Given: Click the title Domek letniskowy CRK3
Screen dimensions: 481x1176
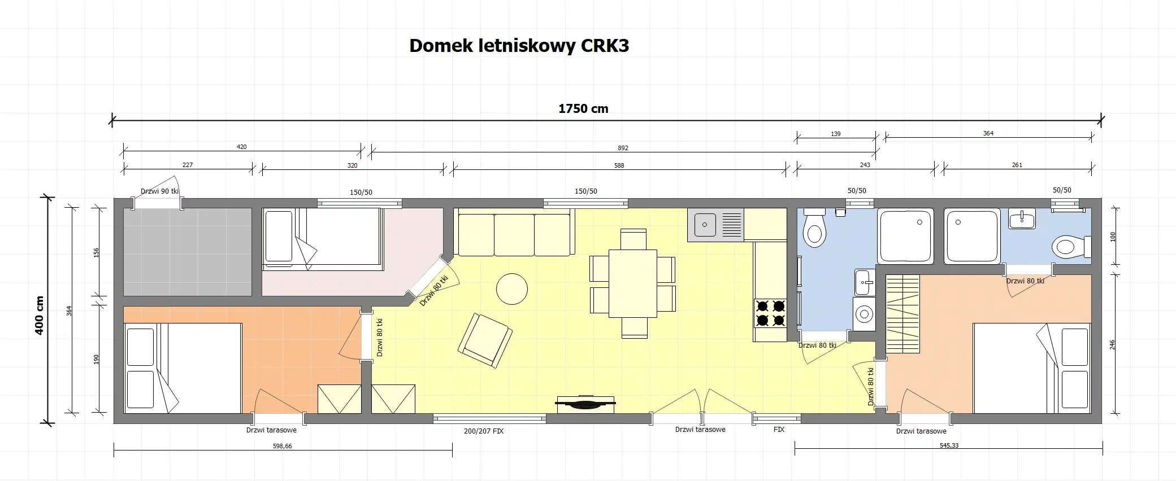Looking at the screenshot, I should click(519, 46).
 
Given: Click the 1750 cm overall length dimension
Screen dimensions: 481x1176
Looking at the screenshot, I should click(583, 109).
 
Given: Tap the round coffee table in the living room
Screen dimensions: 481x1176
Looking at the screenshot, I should click(511, 288).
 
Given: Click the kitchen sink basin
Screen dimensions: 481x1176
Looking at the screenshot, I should click(705, 225).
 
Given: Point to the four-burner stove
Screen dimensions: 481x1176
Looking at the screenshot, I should click(770, 313).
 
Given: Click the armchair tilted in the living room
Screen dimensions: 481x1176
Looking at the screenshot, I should click(485, 341).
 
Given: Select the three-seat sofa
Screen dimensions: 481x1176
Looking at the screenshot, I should click(514, 233).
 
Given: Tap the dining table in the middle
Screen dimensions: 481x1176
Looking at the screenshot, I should click(632, 283).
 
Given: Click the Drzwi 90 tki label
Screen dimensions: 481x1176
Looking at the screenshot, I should click(159, 191).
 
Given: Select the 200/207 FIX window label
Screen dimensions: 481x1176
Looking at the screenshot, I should click(483, 431).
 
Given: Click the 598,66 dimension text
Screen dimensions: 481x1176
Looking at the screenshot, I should click(282, 446).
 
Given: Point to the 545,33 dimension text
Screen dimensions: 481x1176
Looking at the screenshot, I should click(948, 445).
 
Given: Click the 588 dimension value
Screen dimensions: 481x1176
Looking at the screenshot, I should click(619, 165).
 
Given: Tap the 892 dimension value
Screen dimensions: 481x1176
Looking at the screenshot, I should click(623, 148).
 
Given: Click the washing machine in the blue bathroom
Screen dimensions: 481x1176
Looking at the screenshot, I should click(863, 313).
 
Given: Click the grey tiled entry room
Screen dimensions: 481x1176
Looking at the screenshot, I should click(187, 252).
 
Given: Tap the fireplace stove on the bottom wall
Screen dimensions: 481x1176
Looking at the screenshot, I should click(585, 403).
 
